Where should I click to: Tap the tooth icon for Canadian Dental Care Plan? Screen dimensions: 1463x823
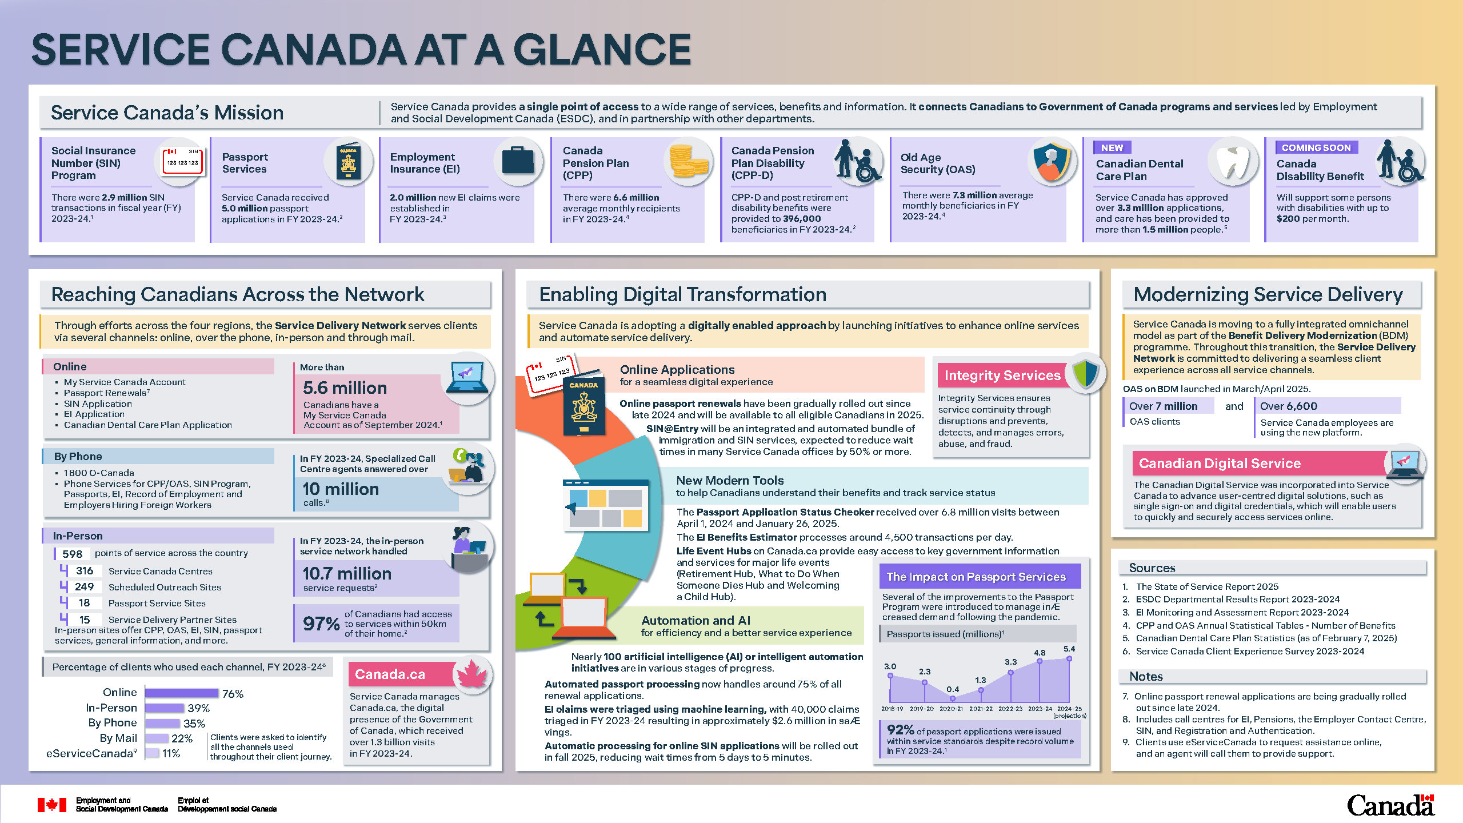[x=1233, y=162]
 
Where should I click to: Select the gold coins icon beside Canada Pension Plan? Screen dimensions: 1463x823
[x=689, y=161]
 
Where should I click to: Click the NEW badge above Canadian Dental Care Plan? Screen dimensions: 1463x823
[x=1112, y=147]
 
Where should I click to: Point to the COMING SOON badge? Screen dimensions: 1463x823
[x=1316, y=147]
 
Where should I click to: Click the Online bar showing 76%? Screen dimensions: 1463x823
[x=182, y=693]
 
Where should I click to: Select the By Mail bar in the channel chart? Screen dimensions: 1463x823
[x=157, y=738]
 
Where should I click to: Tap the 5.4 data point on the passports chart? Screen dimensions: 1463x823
[x=1069, y=658]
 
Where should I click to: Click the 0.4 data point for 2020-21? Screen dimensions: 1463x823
[x=952, y=698]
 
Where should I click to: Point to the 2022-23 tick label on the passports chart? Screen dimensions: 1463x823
[x=1010, y=709]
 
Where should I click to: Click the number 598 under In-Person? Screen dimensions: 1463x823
[x=73, y=554]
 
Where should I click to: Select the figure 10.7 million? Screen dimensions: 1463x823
[x=347, y=573]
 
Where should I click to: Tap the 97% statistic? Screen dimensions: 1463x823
[x=321, y=624]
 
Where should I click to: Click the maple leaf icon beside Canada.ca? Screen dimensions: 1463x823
[x=472, y=674]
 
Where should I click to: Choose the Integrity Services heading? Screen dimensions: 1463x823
[x=1002, y=375]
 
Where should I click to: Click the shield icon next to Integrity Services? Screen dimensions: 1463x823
[x=1085, y=374]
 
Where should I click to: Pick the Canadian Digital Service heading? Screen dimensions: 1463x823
[x=1220, y=463]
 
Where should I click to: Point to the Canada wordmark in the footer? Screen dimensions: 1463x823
[x=1390, y=805]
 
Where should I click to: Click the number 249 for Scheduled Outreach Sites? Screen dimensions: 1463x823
[x=84, y=587]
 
